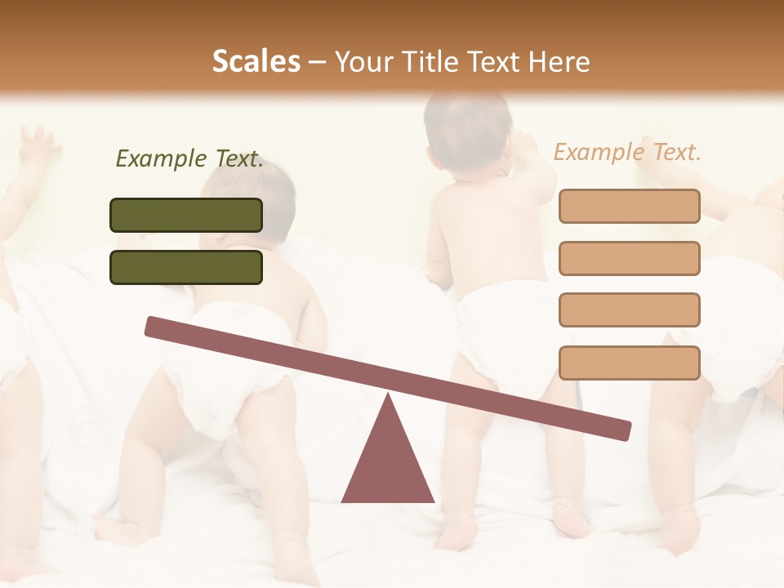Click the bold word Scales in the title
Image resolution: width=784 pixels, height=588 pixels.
(256, 61)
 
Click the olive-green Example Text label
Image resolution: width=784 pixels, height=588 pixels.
(189, 158)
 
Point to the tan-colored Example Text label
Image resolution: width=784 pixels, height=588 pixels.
(627, 152)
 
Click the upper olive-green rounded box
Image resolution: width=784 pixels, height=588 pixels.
(186, 215)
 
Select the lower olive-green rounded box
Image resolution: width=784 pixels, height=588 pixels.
(186, 267)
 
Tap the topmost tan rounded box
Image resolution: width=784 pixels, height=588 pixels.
(629, 206)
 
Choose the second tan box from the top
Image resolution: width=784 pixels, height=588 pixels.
(629, 258)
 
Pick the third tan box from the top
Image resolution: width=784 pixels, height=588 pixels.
(629, 310)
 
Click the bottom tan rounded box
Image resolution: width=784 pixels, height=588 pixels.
(629, 363)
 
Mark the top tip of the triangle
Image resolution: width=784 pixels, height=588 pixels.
(389, 397)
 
